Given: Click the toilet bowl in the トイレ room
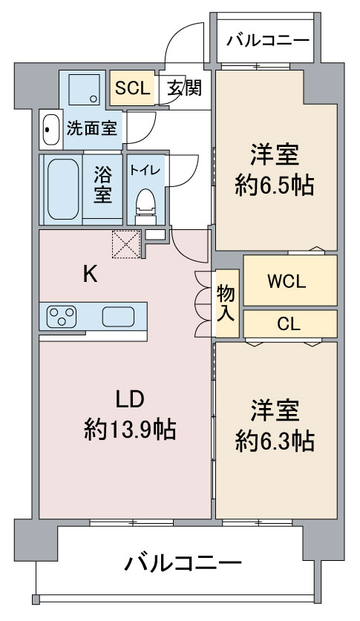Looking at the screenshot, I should tap(145, 205).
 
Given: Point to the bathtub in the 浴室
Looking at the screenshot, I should tap(62, 189).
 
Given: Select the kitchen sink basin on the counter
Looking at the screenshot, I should tap(118, 317).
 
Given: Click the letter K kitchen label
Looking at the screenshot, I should tap(89, 275).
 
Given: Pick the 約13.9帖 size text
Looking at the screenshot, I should tap(130, 428).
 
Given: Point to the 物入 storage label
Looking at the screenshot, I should tap(226, 303).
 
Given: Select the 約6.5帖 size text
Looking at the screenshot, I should tap(275, 184).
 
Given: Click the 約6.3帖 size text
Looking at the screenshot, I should tap(275, 441).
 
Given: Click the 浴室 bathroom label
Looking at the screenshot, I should tap(103, 185).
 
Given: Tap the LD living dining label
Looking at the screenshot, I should tap(128, 398).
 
